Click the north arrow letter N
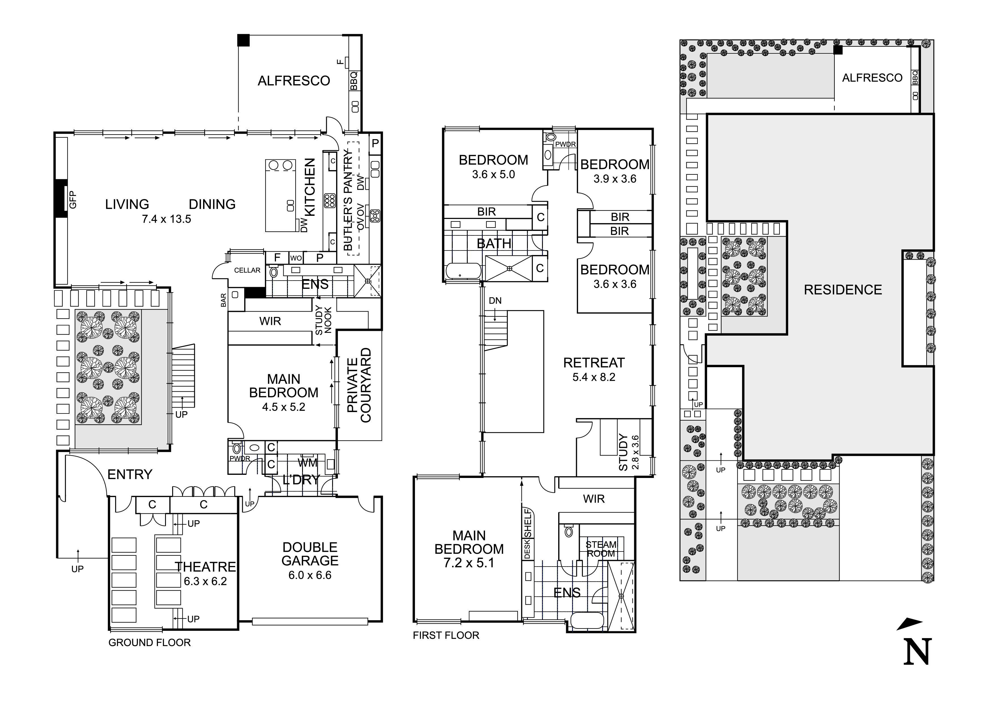tap(918, 651)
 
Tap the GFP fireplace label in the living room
tap(73, 200)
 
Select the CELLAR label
tap(247, 270)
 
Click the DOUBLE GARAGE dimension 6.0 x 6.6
tap(310, 575)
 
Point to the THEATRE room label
tap(205, 567)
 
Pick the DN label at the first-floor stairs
tap(495, 301)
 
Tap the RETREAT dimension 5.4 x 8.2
tap(594, 377)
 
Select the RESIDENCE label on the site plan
tap(843, 290)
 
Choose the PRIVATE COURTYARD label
tap(359, 385)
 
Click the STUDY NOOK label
tap(323, 321)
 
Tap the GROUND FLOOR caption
tap(149, 642)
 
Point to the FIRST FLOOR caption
tap(446, 636)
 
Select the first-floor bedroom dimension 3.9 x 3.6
tap(615, 179)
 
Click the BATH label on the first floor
tap(494, 244)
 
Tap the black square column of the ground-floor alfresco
tap(244, 40)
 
